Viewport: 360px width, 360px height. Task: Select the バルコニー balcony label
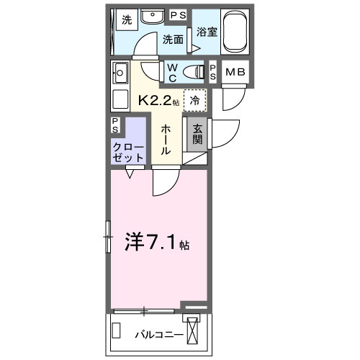(158, 334)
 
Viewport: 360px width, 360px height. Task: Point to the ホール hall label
(166, 139)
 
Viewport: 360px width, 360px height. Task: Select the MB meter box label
(235, 71)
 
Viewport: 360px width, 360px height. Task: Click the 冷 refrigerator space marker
(194, 101)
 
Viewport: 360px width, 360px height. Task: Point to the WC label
(173, 72)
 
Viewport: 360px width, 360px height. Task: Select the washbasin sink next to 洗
(152, 18)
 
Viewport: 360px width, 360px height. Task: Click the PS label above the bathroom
(178, 15)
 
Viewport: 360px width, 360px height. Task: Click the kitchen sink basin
(120, 71)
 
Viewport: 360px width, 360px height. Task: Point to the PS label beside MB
(213, 71)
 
